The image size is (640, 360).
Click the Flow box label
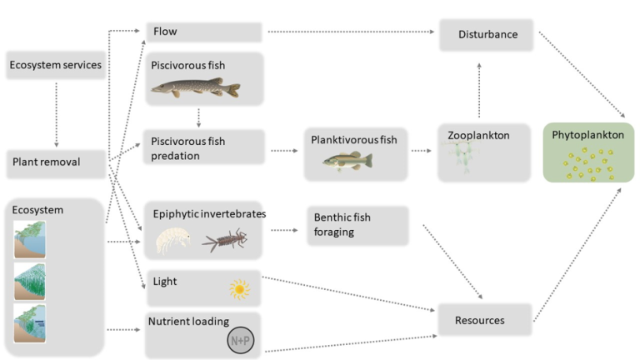click(165, 32)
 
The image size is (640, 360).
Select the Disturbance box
click(487, 34)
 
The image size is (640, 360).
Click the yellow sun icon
click(240, 290)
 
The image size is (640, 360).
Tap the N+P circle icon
click(239, 340)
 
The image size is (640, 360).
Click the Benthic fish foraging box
click(357, 225)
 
